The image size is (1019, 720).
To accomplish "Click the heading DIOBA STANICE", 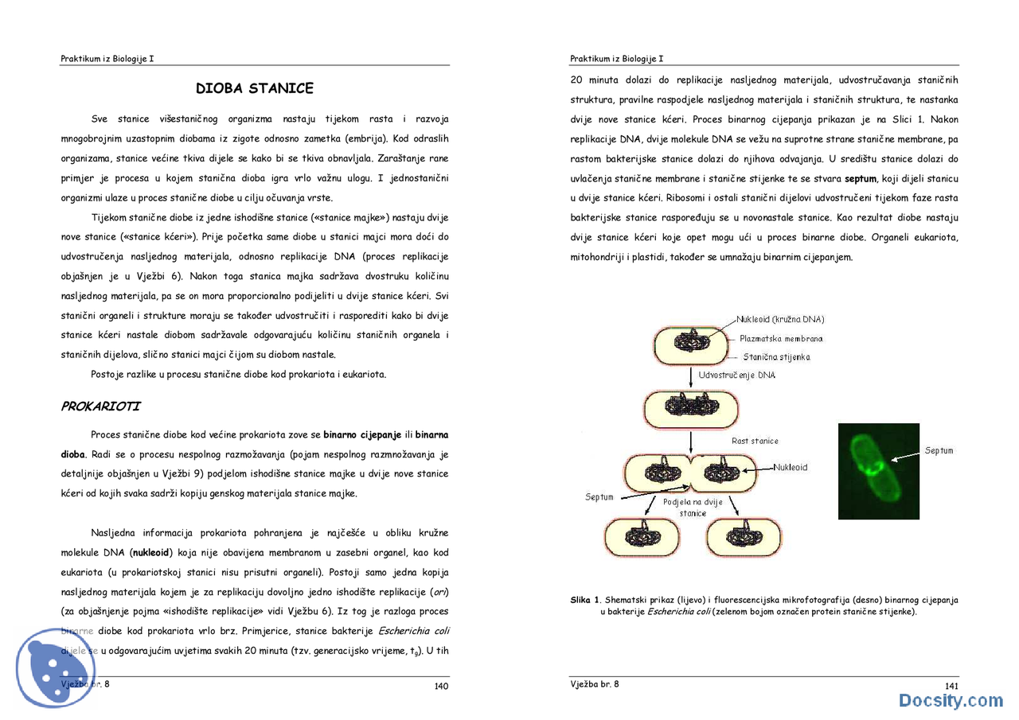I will point(255,88).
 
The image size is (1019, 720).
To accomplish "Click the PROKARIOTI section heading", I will point(100,407).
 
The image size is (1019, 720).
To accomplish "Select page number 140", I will point(441,686).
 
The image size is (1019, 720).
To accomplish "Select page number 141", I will point(951,686).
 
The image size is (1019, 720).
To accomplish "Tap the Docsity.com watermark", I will point(951,701).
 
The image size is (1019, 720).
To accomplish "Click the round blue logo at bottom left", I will point(56,668).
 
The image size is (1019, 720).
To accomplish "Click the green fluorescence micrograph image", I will point(878,471).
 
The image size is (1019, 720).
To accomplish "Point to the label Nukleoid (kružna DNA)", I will point(786,320).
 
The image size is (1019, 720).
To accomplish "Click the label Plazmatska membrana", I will point(781,339).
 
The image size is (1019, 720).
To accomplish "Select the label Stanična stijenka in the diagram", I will point(776,357).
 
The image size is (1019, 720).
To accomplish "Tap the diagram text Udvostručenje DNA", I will point(736,375).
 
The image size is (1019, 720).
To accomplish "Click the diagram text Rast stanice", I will point(755,441).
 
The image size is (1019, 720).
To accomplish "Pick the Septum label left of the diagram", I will point(599,497).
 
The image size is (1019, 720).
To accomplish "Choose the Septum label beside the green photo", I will point(939,450).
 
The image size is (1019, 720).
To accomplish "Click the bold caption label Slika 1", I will point(584,601).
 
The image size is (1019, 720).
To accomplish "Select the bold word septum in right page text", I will point(860,179).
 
